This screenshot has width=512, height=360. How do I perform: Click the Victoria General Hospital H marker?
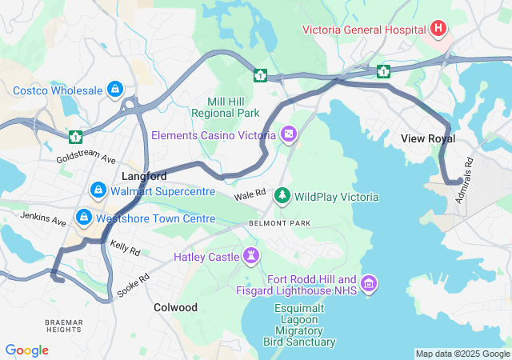point(438,30)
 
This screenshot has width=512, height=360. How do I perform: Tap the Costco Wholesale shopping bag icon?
point(115,89)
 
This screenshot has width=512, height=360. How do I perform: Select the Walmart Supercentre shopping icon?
point(98,190)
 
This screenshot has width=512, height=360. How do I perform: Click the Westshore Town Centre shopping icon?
point(83,218)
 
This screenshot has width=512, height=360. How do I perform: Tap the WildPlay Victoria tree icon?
point(282,195)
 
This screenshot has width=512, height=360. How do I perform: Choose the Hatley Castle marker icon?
point(252,256)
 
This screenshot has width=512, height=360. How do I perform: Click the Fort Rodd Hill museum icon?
point(369,284)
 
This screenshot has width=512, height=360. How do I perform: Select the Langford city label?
point(144,175)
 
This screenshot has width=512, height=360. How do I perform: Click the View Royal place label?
point(428,138)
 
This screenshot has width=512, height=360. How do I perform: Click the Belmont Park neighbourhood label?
point(279,222)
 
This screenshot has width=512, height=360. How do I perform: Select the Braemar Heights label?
point(63,326)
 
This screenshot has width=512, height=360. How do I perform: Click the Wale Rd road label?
point(250,194)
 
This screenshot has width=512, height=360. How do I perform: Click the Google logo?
point(26,350)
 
